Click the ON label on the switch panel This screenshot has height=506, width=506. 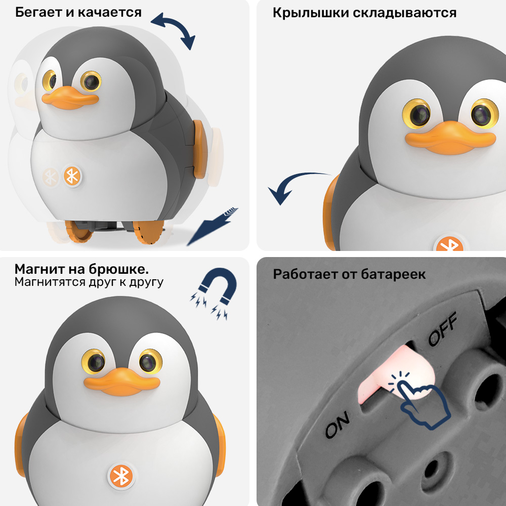(337, 425)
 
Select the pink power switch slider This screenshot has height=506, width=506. (397, 374)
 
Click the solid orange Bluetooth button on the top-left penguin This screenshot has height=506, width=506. (72, 177)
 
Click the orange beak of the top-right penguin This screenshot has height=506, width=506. (450, 138)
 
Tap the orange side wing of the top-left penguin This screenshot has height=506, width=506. (200, 149)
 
